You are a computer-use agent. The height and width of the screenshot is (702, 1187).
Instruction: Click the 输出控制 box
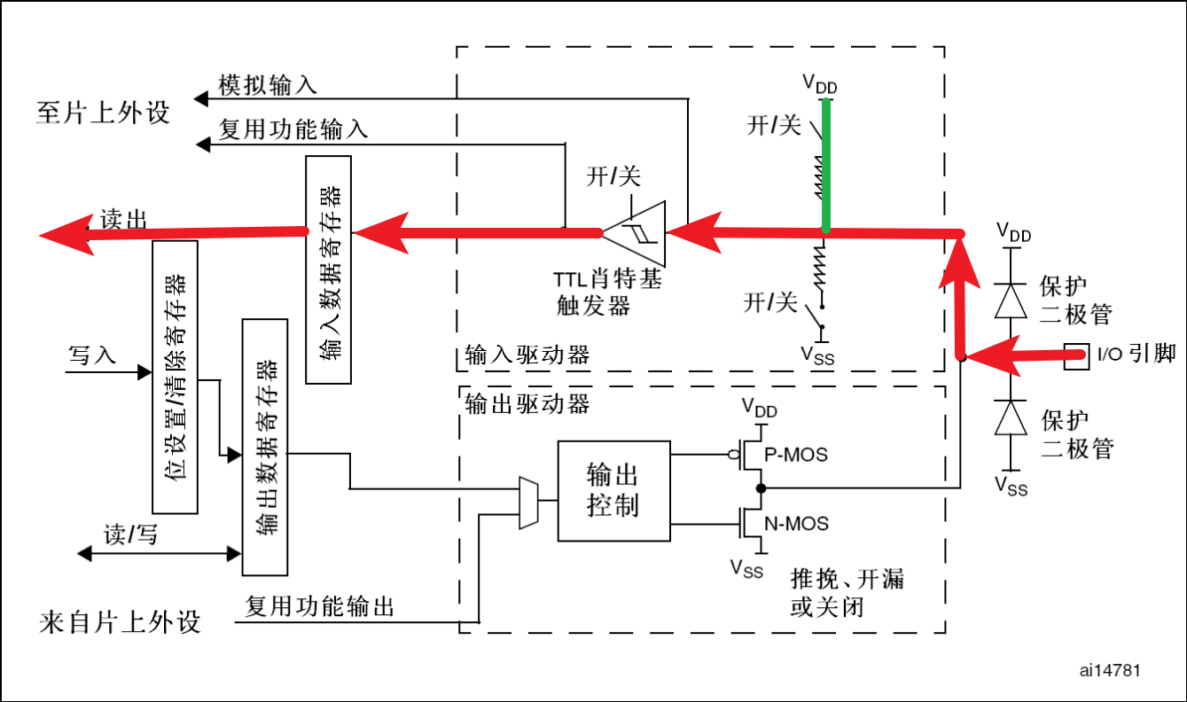pyautogui.click(x=613, y=490)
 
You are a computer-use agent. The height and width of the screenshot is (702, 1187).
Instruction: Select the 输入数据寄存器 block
pyautogui.click(x=328, y=269)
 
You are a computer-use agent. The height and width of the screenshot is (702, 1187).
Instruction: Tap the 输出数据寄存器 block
pyautogui.click(x=265, y=447)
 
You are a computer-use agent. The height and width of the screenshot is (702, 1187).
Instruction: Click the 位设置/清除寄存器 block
pyautogui.click(x=175, y=376)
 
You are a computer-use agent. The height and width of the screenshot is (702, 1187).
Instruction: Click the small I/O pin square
pyautogui.click(x=1076, y=356)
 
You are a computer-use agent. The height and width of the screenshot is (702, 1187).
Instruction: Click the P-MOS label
pyautogui.click(x=795, y=455)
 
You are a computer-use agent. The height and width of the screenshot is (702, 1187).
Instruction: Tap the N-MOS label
pyautogui.click(x=796, y=524)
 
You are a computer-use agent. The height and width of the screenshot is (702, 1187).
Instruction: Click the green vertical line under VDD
pyautogui.click(x=826, y=165)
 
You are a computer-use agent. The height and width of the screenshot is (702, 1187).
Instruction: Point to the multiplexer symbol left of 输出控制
pyautogui.click(x=528, y=503)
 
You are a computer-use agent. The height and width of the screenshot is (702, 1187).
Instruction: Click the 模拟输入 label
pyautogui.click(x=268, y=86)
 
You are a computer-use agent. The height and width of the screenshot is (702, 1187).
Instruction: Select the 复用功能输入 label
pyautogui.click(x=293, y=130)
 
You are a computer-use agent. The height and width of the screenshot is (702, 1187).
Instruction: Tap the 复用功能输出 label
pyautogui.click(x=319, y=607)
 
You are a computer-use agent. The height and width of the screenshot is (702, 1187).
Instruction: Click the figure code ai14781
pyautogui.click(x=1109, y=670)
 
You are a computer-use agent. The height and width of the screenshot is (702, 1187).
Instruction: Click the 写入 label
pyautogui.click(x=92, y=355)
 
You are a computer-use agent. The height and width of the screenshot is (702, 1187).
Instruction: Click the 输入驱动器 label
pyautogui.click(x=527, y=356)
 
